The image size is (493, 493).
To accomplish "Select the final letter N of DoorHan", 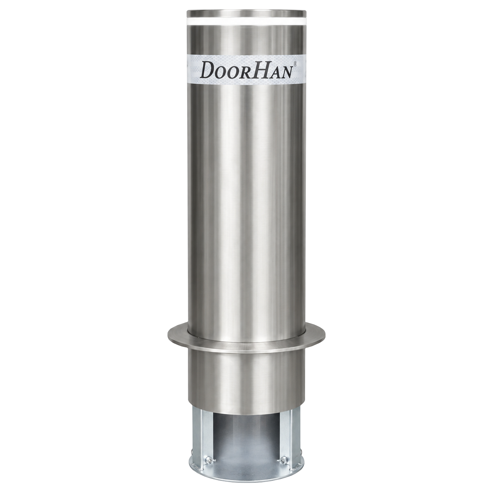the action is (285, 72).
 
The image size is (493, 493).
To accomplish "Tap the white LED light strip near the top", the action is (246, 22).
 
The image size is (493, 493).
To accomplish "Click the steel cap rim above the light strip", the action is (246, 14).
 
